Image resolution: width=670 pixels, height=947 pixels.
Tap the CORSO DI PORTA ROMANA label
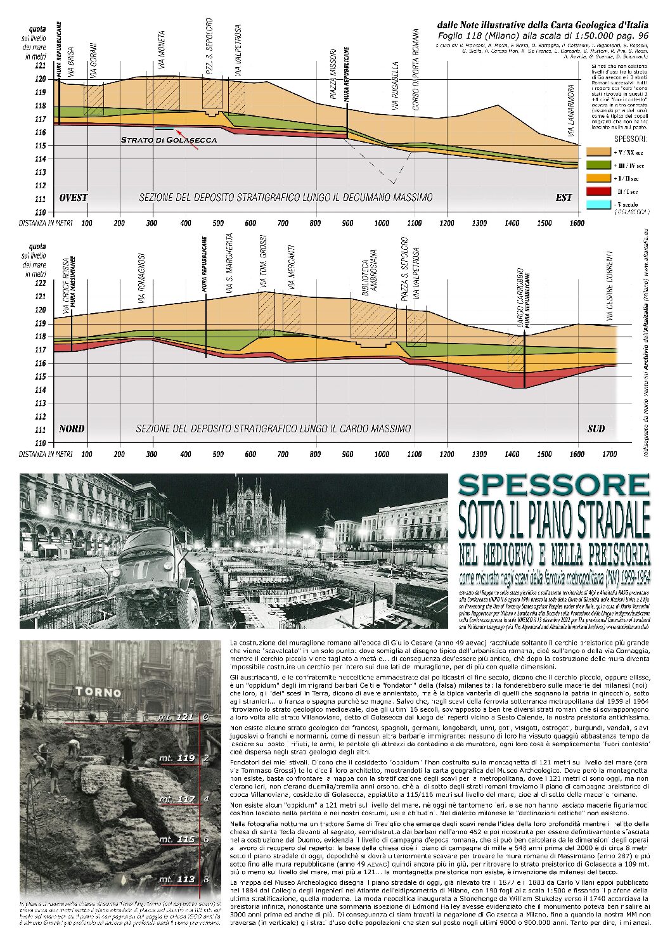pos(416,69)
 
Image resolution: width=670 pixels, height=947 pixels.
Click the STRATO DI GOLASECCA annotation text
pos(169,140)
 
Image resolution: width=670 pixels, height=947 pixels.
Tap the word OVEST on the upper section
pos(73,198)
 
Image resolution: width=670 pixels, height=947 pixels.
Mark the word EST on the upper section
pos(564,198)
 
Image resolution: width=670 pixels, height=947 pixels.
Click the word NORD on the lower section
pos(72,428)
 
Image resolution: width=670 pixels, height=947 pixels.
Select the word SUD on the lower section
pos(596,428)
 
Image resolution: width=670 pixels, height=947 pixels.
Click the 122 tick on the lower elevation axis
pos(40,283)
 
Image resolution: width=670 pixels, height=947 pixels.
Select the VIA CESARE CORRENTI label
pos(610,286)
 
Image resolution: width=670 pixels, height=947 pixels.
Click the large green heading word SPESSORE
pos(554,486)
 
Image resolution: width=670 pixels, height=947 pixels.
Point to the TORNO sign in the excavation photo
pos(98,692)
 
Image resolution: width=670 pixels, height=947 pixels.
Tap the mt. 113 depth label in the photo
pos(177,879)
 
